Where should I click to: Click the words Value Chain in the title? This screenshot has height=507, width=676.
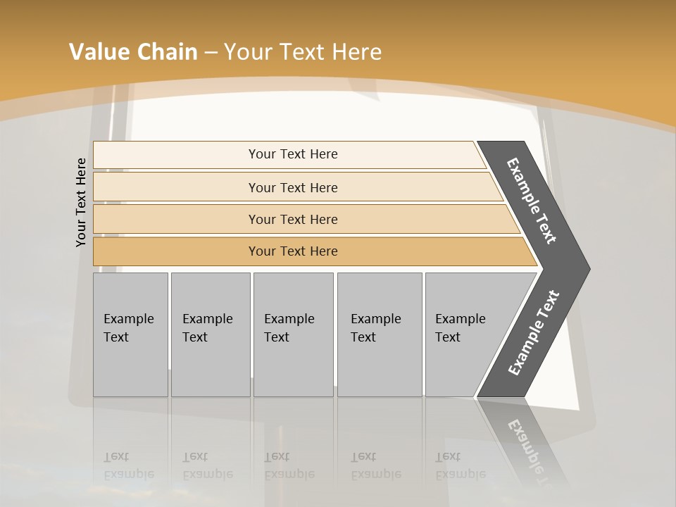click(133, 52)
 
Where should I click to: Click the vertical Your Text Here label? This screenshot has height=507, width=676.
click(82, 202)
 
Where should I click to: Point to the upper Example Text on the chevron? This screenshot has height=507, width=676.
click(532, 201)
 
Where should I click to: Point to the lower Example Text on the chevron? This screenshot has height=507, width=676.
click(534, 332)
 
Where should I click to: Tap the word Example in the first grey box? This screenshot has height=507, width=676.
click(128, 319)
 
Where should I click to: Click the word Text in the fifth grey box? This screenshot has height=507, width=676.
click(448, 337)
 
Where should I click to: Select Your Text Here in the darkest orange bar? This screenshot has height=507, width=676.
click(293, 251)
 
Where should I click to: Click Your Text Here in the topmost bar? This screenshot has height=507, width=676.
click(293, 154)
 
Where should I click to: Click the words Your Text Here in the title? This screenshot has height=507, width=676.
click(303, 52)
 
